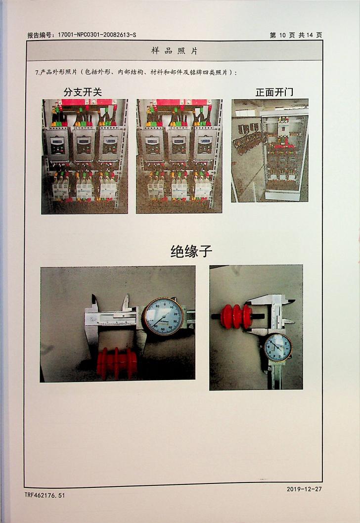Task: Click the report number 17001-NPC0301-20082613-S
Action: coord(97,35)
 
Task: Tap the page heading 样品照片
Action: coord(175,51)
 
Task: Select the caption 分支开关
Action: coord(83,92)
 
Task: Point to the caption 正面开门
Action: coord(274,92)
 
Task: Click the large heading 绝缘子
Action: coord(191,251)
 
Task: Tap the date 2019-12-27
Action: coord(304,489)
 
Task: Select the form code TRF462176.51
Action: coord(45,495)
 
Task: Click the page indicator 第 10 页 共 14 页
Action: coord(296,35)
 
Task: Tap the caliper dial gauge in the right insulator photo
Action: coord(277,348)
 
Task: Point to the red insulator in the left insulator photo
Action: coord(117,363)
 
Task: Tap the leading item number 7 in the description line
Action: coord(37,72)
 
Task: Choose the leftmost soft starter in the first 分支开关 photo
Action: coord(57,145)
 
